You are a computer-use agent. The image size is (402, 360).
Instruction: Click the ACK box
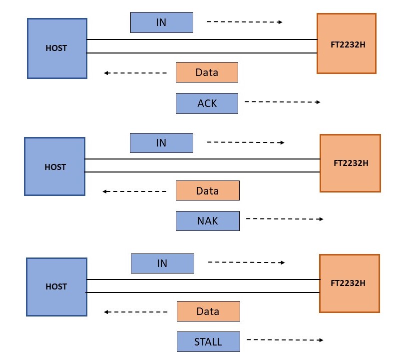(x=207, y=103)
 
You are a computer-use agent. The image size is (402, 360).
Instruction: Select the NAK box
(x=208, y=221)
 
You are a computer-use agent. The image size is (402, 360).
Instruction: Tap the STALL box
(x=208, y=342)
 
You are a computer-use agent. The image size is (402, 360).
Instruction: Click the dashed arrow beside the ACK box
(x=283, y=102)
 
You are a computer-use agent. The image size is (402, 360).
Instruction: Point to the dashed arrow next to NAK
(x=285, y=219)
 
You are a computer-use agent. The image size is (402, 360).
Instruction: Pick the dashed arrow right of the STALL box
(x=285, y=339)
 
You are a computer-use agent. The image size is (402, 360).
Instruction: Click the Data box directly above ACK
(x=207, y=72)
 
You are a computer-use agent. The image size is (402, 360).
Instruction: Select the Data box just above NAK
(x=208, y=190)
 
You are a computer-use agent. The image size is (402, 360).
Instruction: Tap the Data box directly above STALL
(x=208, y=311)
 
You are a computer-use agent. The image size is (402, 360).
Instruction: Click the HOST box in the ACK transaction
(x=57, y=48)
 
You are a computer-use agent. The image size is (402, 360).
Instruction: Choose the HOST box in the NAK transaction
(x=54, y=166)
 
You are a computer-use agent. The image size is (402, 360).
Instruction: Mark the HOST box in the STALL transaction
(x=56, y=287)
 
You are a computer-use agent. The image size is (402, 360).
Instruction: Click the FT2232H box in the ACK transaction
(x=347, y=43)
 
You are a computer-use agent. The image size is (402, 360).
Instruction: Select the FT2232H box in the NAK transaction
(x=350, y=163)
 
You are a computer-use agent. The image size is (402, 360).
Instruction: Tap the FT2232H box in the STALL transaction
(x=350, y=283)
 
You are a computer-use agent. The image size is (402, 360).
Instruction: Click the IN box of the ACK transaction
(x=162, y=22)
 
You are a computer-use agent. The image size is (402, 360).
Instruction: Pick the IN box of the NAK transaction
(x=161, y=143)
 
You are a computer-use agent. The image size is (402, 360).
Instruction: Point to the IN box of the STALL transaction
(x=162, y=263)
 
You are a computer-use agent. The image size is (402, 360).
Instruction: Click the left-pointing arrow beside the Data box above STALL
(x=136, y=312)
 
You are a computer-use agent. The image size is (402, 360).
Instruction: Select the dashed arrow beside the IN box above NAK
(x=246, y=142)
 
